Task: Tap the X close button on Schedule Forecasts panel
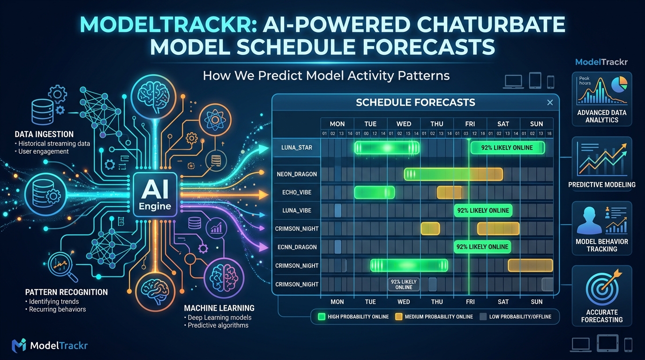tap(550, 103)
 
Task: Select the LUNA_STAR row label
tap(297, 148)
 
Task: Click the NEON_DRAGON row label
tap(297, 174)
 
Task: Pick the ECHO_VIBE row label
tap(297, 192)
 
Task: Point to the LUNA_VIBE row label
tap(297, 210)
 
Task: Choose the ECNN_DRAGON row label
tap(297, 247)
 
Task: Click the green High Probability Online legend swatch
tap(322, 316)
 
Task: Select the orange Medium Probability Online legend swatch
tap(399, 316)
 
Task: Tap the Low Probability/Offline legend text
tap(520, 316)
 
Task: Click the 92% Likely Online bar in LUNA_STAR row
tap(507, 148)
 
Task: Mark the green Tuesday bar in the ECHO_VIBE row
tap(375, 192)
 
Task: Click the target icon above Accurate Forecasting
tap(602, 287)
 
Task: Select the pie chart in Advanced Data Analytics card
tap(619, 84)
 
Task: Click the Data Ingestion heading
tap(44, 135)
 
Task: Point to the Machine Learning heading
tap(219, 308)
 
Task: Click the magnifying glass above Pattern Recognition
tap(61, 266)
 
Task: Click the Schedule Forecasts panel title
tap(415, 103)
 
